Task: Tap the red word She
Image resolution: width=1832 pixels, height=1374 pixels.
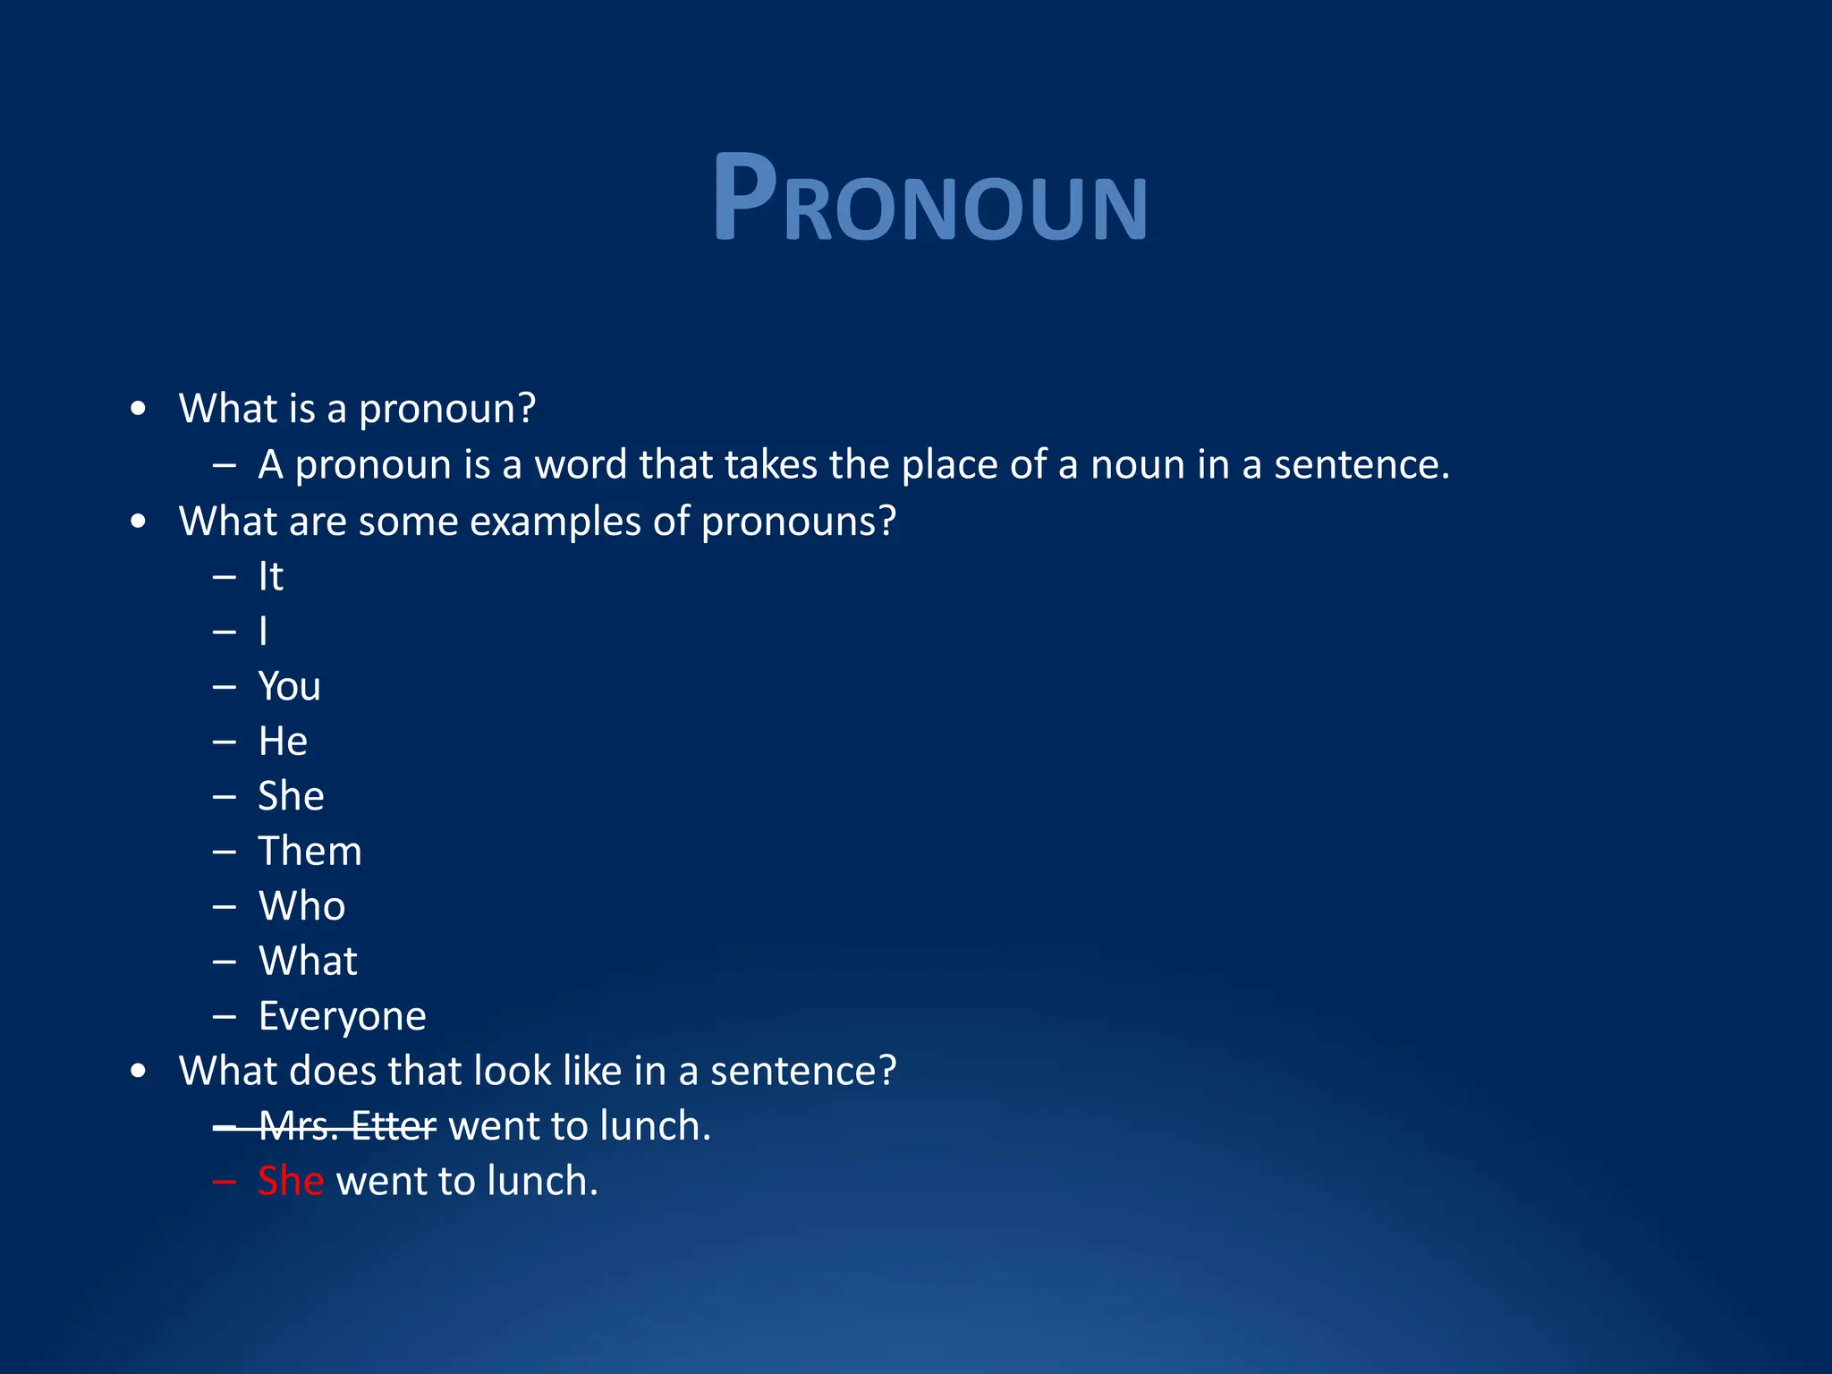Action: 290,1181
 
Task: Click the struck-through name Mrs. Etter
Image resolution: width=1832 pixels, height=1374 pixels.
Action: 347,1126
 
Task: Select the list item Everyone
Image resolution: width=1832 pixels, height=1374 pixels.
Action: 342,1016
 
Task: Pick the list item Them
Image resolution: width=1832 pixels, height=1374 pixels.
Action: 310,851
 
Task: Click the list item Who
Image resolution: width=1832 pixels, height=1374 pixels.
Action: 301,906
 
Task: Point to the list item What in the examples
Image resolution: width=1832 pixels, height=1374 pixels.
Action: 308,962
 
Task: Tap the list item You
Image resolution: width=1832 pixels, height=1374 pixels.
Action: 289,687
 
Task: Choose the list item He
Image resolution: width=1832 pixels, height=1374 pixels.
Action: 283,742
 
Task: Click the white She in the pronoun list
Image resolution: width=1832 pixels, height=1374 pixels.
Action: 291,796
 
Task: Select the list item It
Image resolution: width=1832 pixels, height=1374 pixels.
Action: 270,577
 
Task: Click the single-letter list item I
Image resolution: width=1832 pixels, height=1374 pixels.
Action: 263,632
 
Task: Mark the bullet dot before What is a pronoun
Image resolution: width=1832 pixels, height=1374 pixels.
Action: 138,409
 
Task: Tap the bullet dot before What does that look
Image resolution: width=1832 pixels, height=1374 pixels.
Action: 138,1071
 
